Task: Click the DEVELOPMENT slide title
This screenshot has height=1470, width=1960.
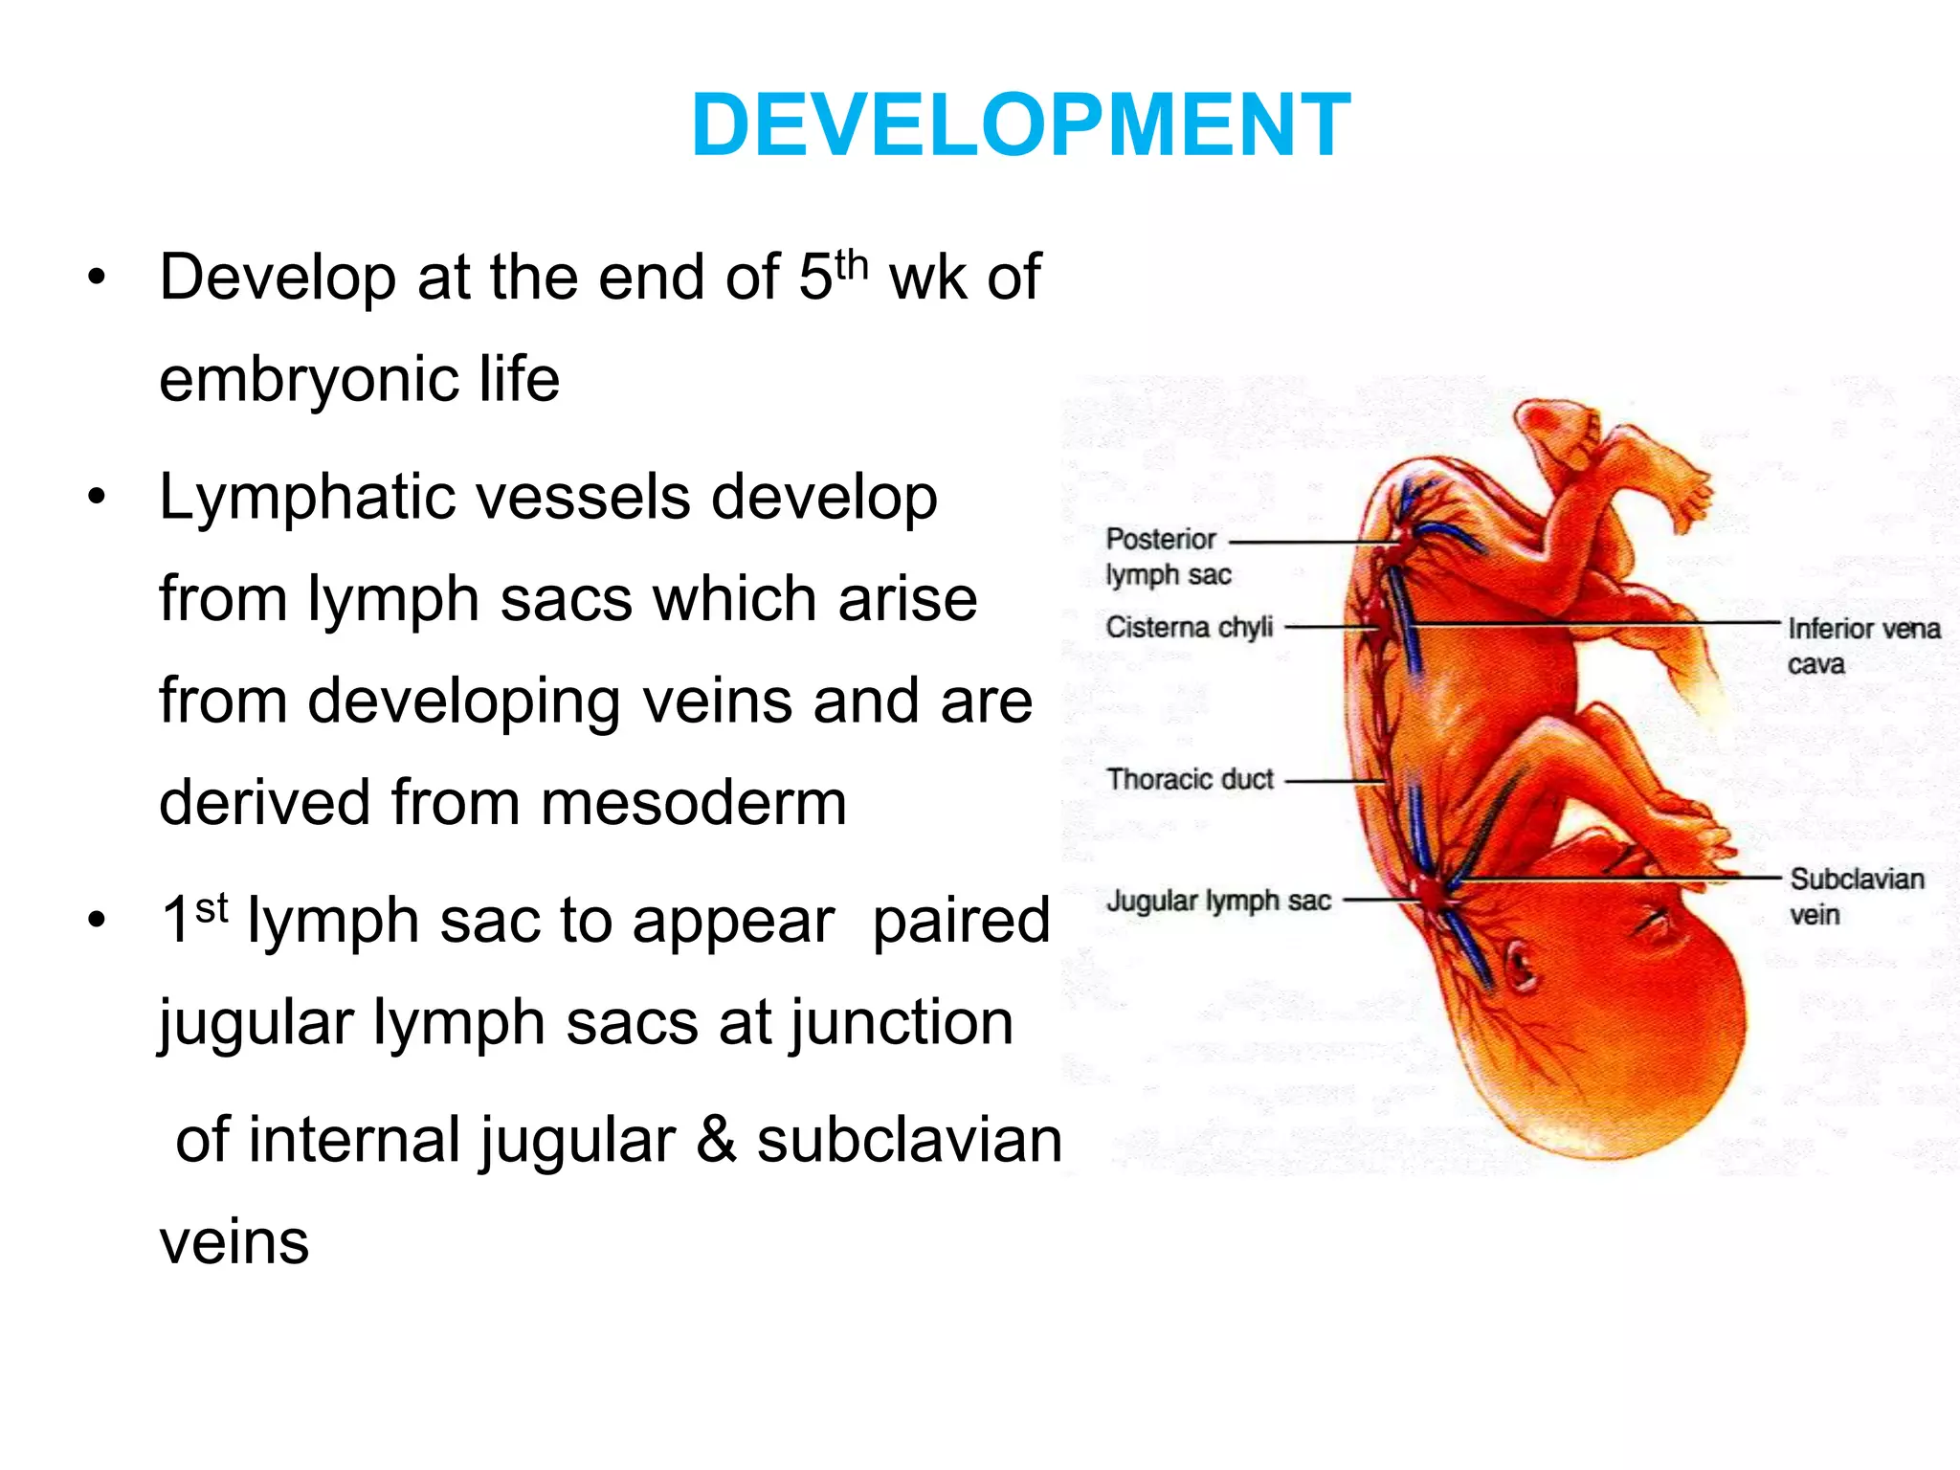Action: click(1020, 125)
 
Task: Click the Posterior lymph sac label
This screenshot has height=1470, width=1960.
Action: click(1168, 556)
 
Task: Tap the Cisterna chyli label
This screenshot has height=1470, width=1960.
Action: click(1190, 627)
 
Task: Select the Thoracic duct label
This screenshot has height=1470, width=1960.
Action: click(1190, 779)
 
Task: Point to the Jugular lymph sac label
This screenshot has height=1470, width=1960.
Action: click(1218, 901)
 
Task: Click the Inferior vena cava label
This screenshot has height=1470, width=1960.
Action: click(1862, 646)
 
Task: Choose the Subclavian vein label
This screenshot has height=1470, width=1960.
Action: click(1856, 896)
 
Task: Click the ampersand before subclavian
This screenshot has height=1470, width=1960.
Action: click(716, 1140)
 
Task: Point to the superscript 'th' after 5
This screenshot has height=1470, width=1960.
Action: click(851, 263)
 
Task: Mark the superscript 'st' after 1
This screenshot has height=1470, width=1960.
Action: click(212, 906)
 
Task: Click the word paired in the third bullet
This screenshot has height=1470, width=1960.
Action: click(961, 921)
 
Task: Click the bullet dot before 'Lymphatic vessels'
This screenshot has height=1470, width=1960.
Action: click(96, 499)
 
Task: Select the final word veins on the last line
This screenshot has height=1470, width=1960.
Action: click(234, 1242)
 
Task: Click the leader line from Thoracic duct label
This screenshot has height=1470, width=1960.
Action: click(1334, 781)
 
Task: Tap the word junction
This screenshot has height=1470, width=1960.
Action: click(902, 1023)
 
